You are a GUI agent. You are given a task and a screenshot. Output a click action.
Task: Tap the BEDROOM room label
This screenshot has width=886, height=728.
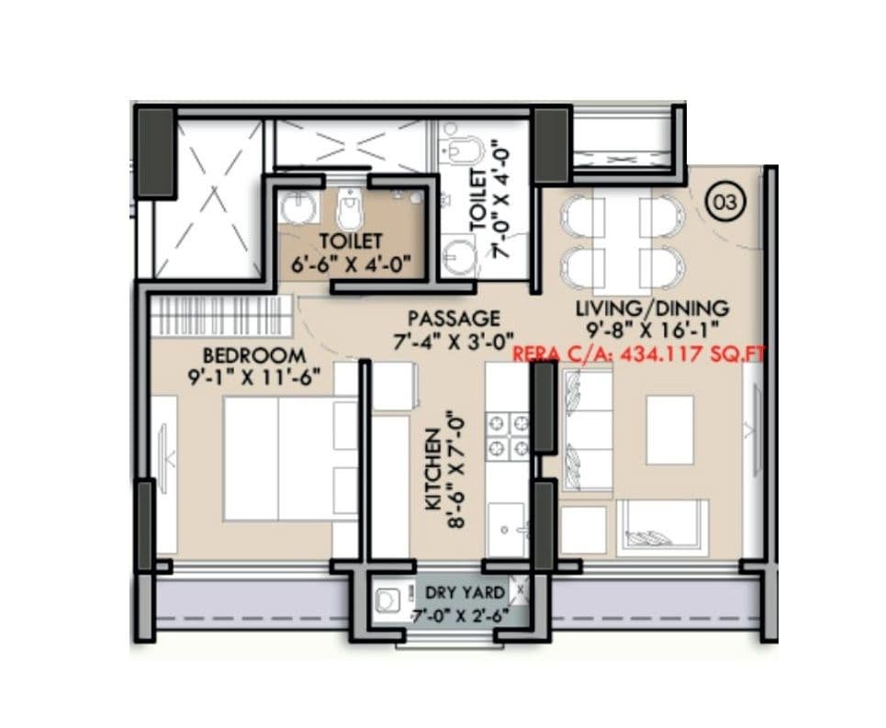[x=253, y=355]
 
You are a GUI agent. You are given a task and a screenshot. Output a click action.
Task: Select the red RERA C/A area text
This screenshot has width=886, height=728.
[x=638, y=353]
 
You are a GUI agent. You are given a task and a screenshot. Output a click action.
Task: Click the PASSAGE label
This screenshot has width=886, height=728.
[x=454, y=319]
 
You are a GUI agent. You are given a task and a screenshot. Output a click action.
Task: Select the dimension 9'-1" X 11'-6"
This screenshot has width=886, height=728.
[x=254, y=376]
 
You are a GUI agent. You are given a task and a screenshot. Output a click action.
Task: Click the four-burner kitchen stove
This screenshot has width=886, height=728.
[x=508, y=435]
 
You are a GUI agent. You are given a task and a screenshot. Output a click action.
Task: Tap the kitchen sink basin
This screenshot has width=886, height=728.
[x=507, y=530]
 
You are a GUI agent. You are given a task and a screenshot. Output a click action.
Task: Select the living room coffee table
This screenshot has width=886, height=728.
[x=669, y=429]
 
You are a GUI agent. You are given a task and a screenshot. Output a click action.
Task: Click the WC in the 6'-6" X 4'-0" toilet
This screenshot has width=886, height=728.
[x=350, y=210]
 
